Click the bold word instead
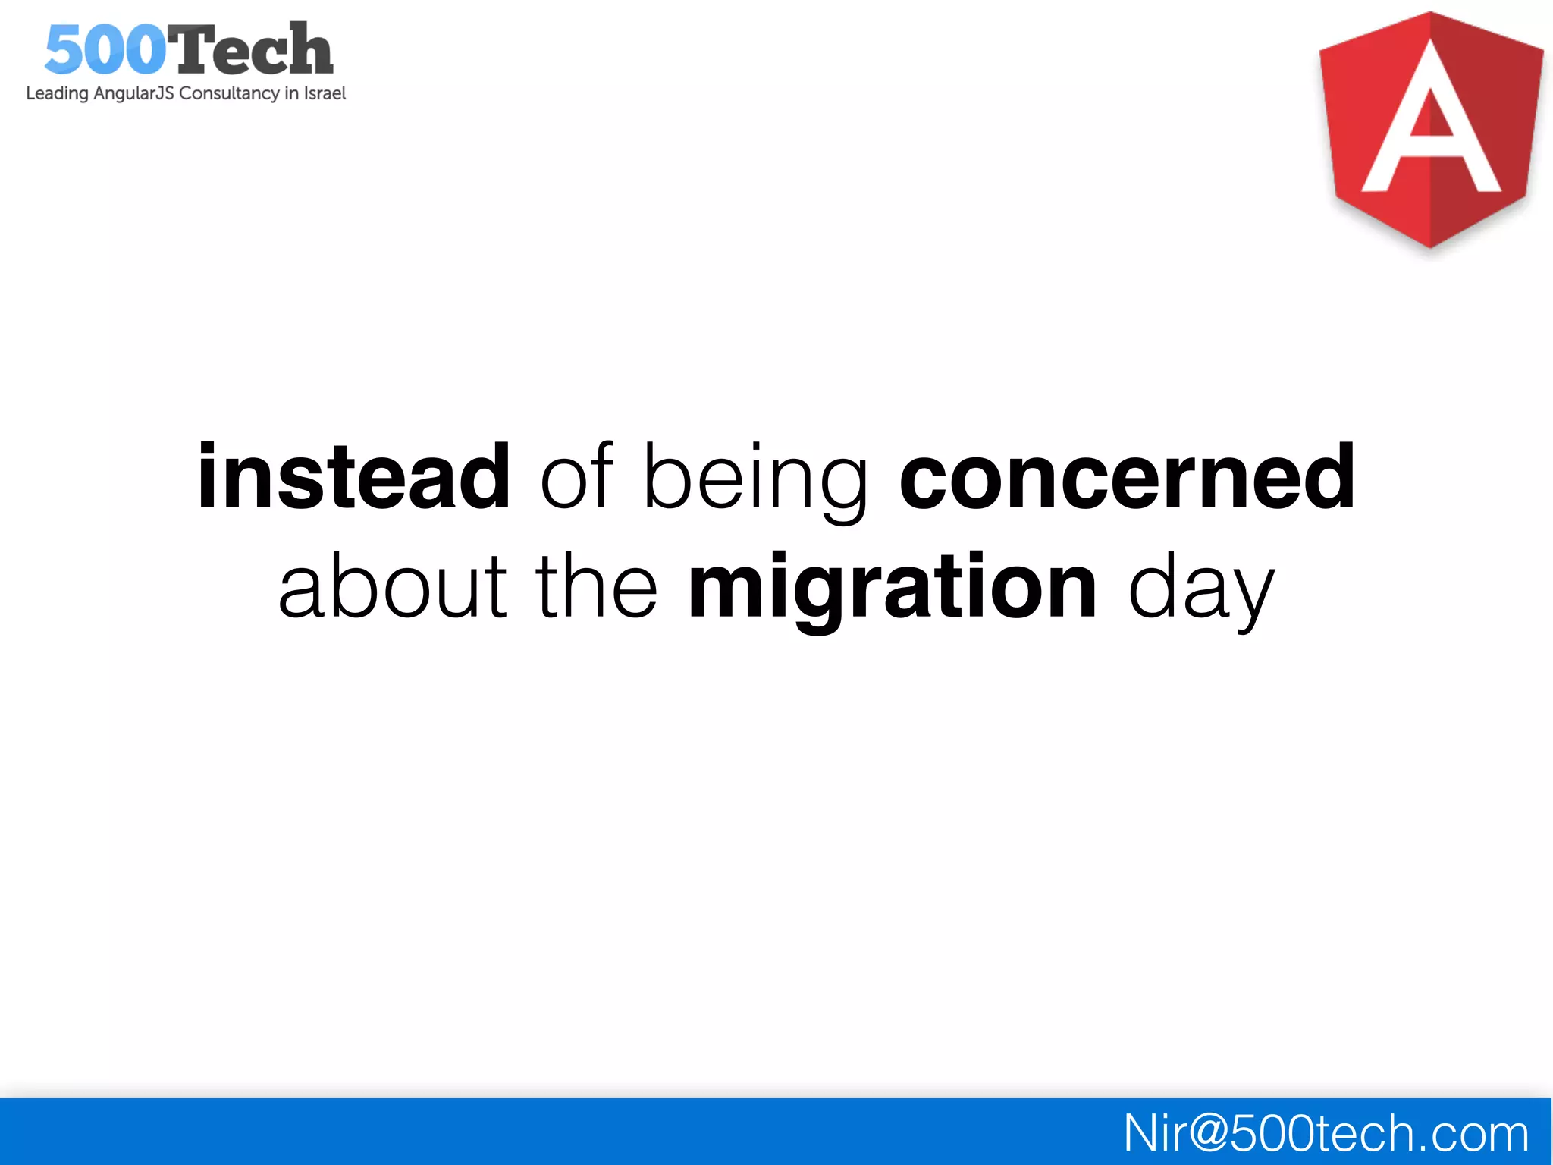coord(353,478)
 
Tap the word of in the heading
coord(576,478)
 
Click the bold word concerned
coord(1127,478)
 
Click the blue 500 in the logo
coord(105,50)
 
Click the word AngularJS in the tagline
coord(133,93)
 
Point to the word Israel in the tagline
coord(325,93)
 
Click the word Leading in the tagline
coord(57,93)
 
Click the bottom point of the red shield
coord(1429,244)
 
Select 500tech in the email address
coord(1322,1134)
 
